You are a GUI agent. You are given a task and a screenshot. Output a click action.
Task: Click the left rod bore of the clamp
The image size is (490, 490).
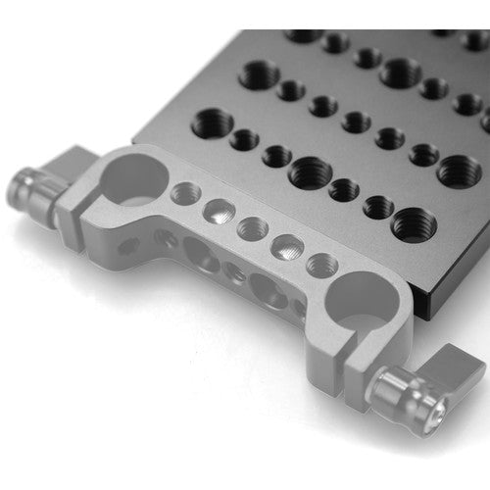[x=134, y=176]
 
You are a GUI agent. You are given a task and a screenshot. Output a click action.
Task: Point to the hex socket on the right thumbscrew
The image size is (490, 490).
[x=387, y=399]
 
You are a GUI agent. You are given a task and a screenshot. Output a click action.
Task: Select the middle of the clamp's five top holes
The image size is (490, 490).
[x=252, y=228]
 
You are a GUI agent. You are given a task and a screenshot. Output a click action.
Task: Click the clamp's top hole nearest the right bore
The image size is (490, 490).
[x=321, y=265]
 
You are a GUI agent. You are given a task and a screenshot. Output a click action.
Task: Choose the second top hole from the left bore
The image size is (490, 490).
[x=218, y=210]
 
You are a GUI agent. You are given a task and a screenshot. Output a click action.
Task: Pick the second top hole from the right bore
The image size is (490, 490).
[x=286, y=246]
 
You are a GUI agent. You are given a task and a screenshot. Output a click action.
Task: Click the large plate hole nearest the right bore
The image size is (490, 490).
[x=414, y=225]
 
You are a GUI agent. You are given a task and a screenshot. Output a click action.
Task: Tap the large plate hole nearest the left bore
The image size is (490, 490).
[x=215, y=124]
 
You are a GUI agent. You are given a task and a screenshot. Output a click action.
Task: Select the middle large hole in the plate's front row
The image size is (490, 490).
[x=310, y=171]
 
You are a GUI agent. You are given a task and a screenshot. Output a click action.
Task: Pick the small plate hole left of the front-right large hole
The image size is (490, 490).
[x=378, y=207]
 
